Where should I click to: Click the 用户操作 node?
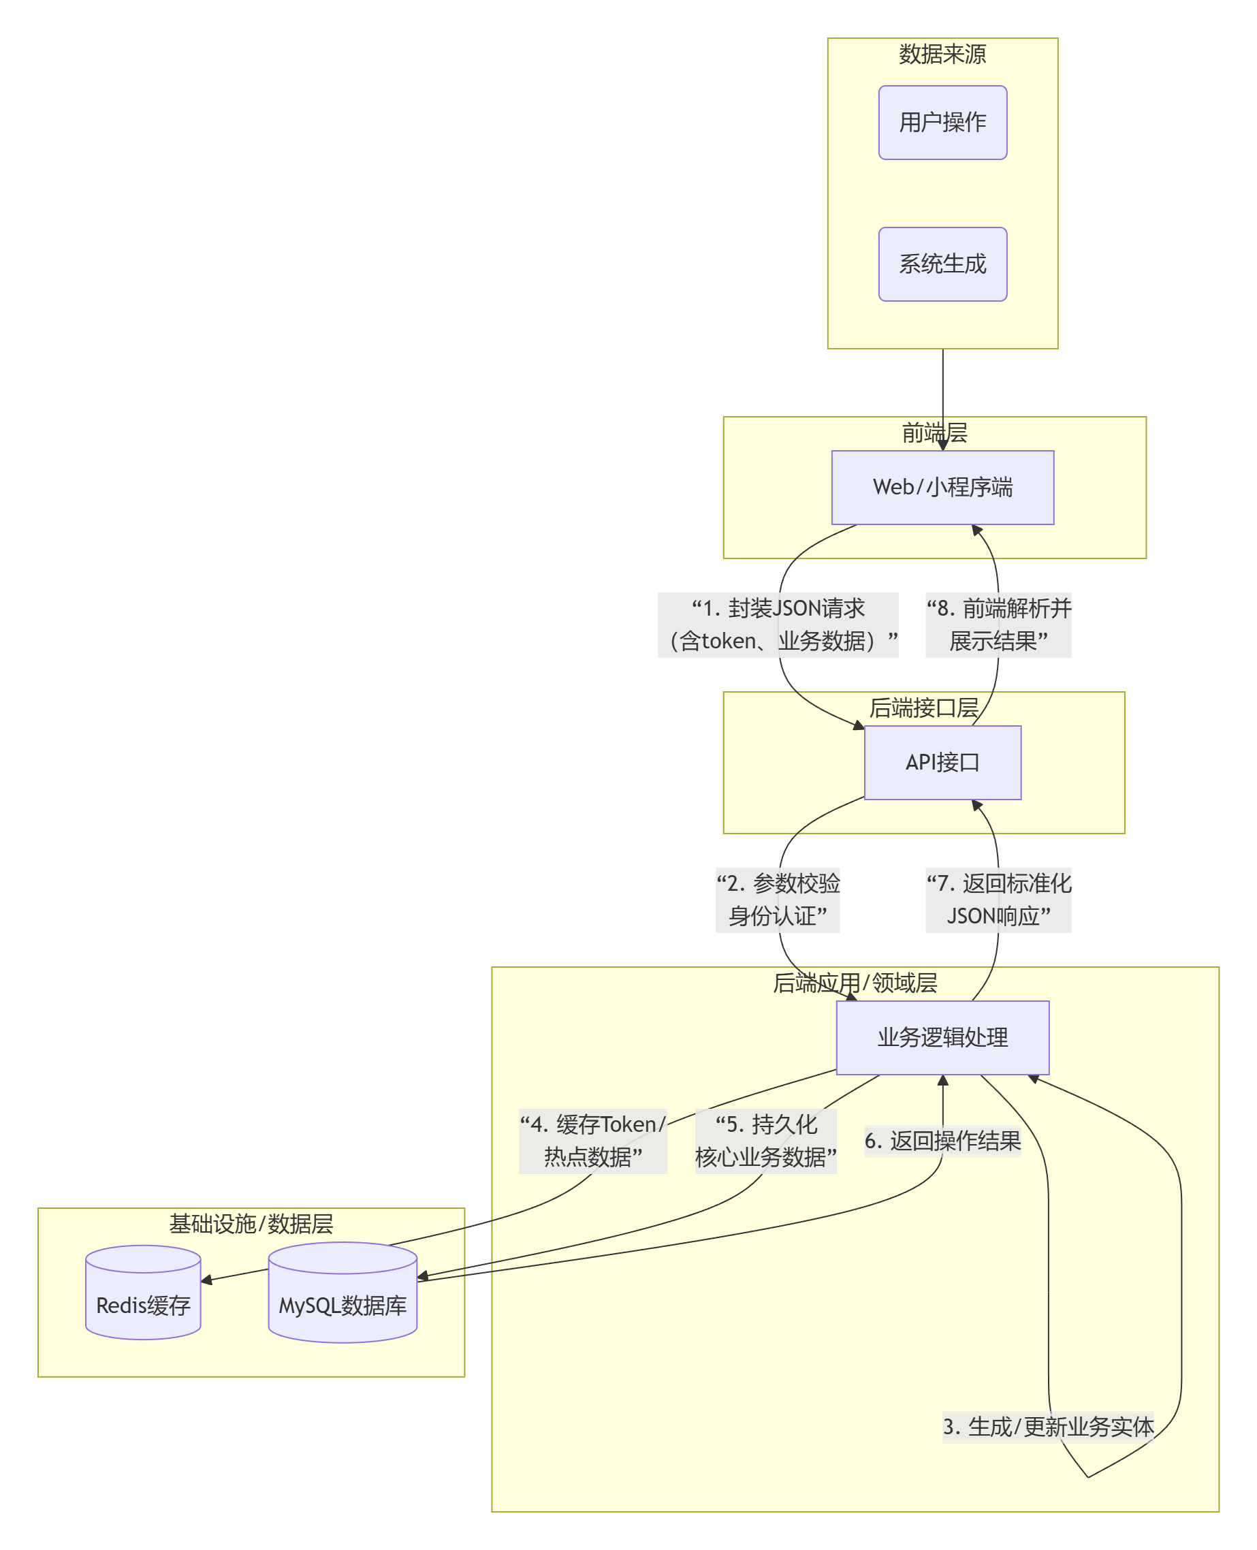point(942,123)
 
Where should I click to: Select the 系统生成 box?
point(942,264)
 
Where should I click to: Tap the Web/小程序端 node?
point(942,488)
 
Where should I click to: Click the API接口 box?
point(942,762)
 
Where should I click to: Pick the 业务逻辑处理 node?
point(942,1037)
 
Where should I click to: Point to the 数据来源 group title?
point(942,54)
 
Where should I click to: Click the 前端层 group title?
point(934,432)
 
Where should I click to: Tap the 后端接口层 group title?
point(923,708)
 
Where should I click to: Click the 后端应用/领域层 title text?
point(855,983)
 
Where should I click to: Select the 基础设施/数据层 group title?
point(251,1223)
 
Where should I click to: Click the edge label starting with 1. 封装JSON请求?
point(778,624)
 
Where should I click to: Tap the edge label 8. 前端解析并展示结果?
point(998,624)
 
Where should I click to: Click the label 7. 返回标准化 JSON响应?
point(998,900)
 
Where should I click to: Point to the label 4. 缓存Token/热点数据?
point(592,1141)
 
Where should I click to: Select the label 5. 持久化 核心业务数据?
point(765,1141)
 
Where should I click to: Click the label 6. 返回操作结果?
point(942,1141)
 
